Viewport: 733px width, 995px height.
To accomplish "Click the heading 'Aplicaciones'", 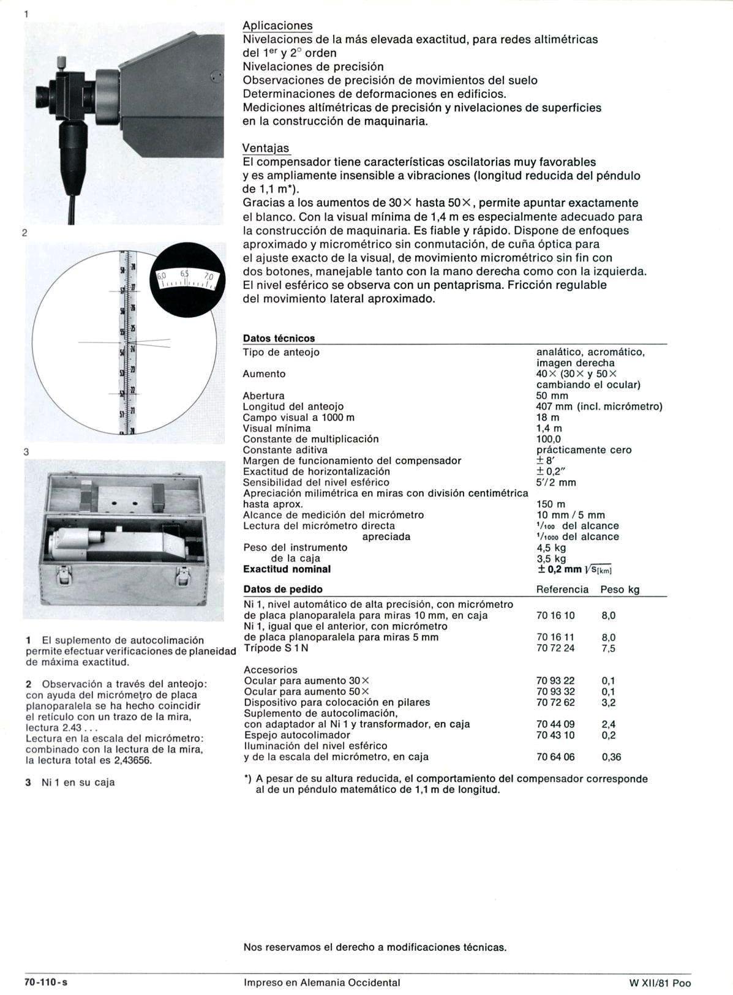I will point(277,26).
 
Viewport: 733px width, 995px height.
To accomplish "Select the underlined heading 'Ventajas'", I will point(266,148).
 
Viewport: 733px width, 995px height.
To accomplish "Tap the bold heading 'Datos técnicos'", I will point(279,338).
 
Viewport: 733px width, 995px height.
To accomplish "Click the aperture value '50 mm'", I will point(552,396).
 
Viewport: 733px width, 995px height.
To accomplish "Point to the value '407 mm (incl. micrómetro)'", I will point(599,407).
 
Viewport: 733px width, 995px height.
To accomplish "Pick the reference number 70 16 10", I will point(555,615).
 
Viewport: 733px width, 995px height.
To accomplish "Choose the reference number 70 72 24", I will point(555,648).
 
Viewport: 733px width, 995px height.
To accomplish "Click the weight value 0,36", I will point(611,757).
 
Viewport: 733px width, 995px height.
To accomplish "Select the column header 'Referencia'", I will point(562,590).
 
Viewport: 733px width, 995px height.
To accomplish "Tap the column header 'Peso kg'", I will point(620,590).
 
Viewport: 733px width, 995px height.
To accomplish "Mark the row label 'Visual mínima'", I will point(277,428).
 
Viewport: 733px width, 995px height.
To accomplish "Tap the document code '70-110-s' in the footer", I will point(45,983).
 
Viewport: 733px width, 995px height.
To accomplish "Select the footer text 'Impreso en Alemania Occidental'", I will point(321,983).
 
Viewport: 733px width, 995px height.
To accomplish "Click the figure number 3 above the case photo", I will point(26,452).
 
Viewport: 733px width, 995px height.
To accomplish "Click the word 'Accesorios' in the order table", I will point(271,670).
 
